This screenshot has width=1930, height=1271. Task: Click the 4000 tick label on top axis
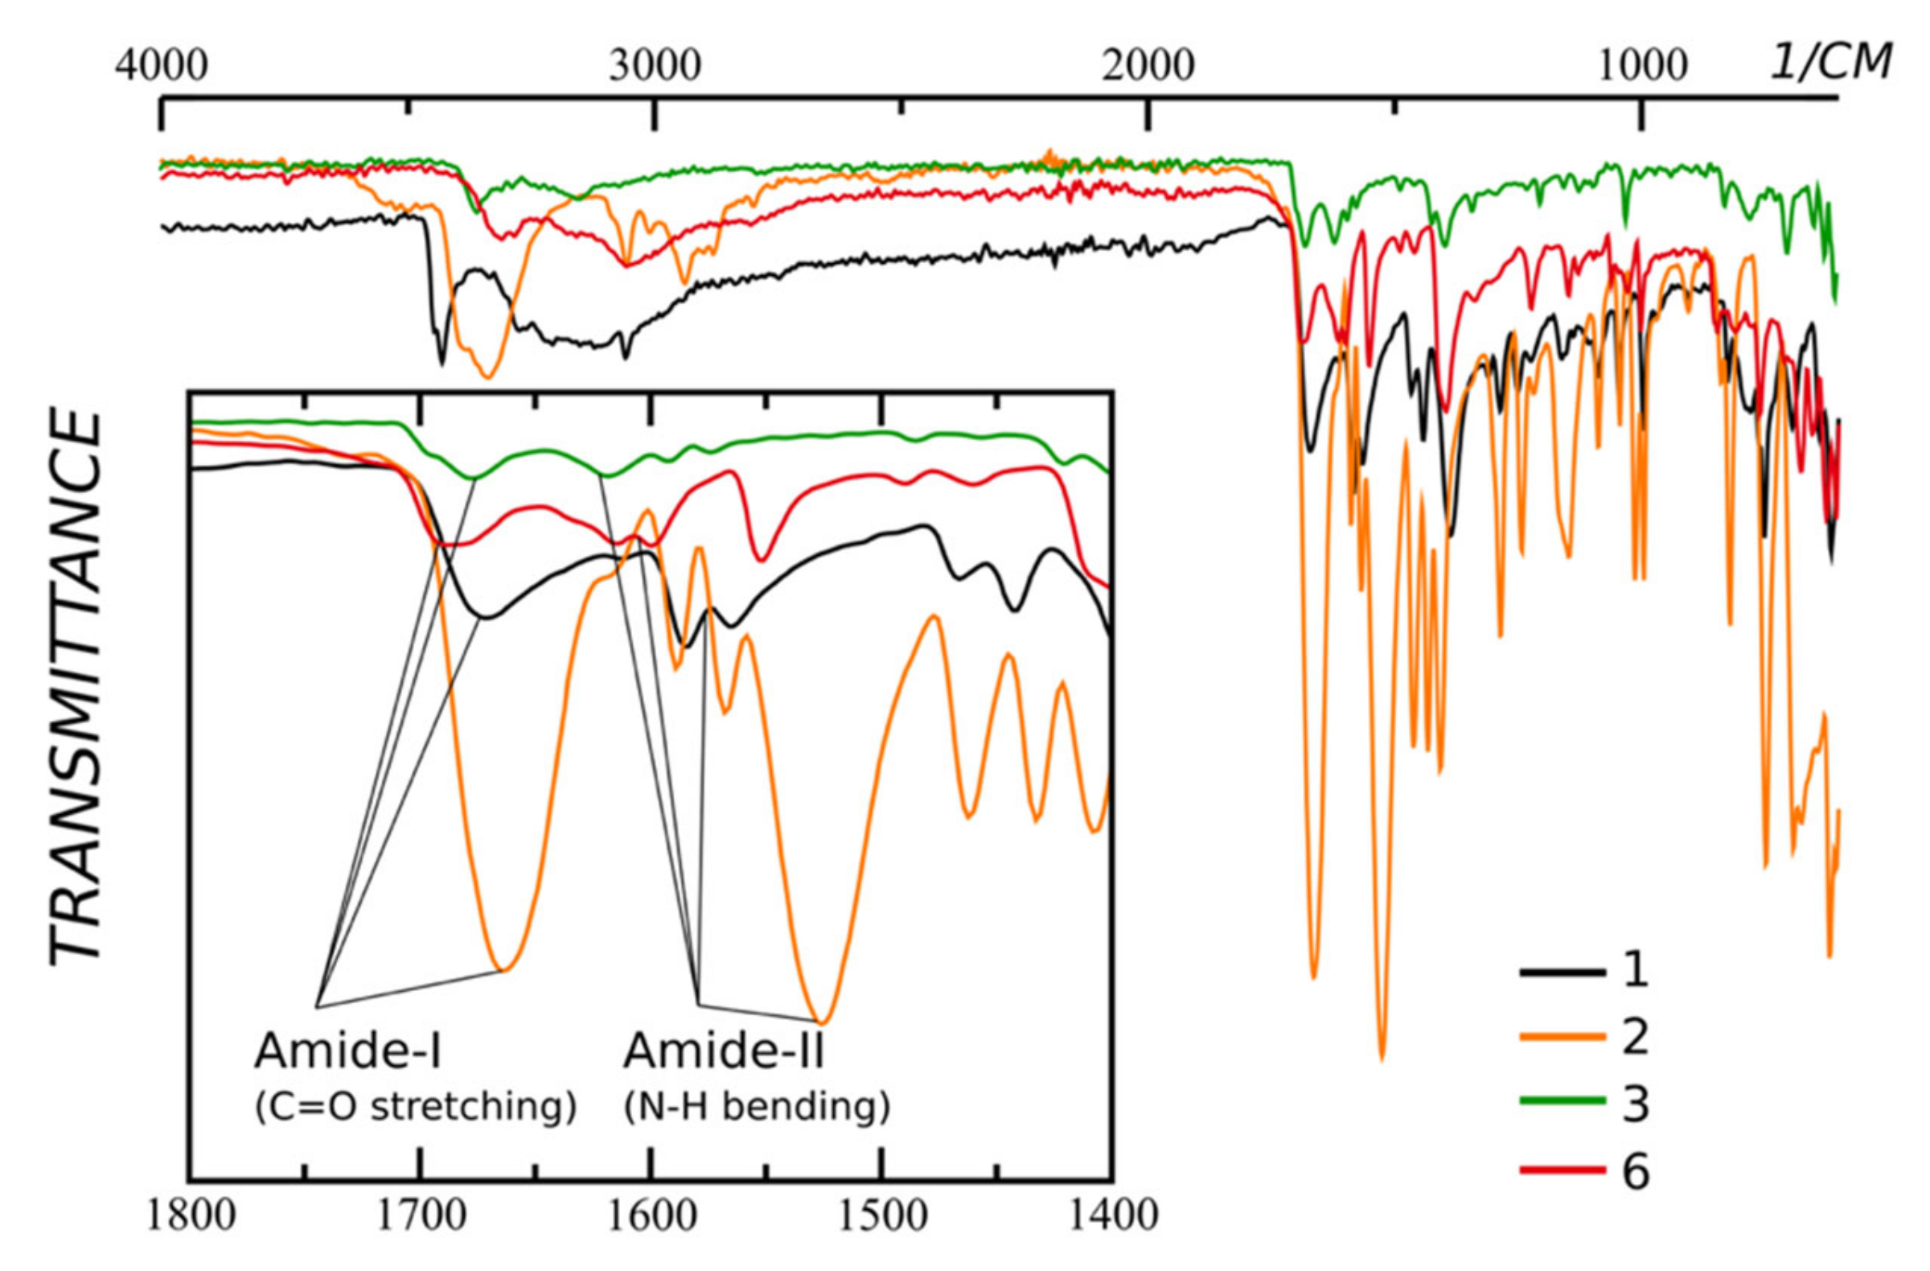162,65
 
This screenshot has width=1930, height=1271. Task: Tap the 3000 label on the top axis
655,65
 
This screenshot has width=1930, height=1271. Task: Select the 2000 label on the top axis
1148,65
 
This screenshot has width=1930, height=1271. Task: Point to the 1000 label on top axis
1643,65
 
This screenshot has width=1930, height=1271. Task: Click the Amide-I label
349,1052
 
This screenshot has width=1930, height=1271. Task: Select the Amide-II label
725,1052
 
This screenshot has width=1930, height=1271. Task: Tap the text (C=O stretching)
416,1108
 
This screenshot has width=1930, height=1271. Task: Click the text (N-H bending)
757,1108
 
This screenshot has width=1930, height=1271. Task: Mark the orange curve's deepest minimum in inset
822,1022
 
